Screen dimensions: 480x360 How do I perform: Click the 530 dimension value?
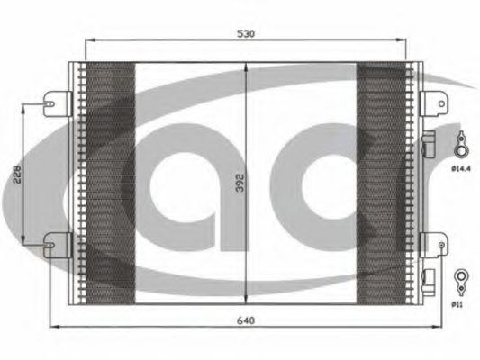(246, 33)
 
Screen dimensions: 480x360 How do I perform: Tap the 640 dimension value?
(246, 320)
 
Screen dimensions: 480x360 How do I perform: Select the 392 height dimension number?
(240, 183)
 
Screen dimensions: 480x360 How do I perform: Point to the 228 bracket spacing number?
(17, 175)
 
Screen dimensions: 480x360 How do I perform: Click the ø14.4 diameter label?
(461, 168)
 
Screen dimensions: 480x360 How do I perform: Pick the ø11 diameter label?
(457, 304)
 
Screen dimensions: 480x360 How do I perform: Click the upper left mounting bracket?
(58, 104)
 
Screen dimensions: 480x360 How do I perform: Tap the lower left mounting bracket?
(58, 245)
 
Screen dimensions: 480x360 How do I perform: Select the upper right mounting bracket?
(434, 103)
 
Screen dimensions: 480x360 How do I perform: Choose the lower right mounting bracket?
(434, 245)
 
